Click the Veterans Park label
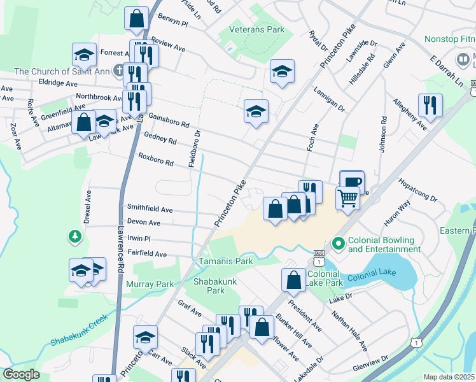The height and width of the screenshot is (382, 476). (x=252, y=29)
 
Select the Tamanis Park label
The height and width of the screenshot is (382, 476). (x=225, y=261)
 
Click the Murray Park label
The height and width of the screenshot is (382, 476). (x=150, y=284)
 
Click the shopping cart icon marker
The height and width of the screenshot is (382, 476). (x=347, y=198)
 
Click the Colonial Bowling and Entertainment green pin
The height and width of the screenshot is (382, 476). (x=339, y=244)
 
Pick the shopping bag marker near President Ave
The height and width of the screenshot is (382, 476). (x=293, y=279)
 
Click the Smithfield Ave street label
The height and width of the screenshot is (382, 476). (x=150, y=209)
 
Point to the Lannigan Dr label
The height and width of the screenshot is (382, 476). (x=329, y=101)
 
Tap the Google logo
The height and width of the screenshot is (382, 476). (x=21, y=374)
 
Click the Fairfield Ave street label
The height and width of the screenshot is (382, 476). (x=147, y=254)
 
